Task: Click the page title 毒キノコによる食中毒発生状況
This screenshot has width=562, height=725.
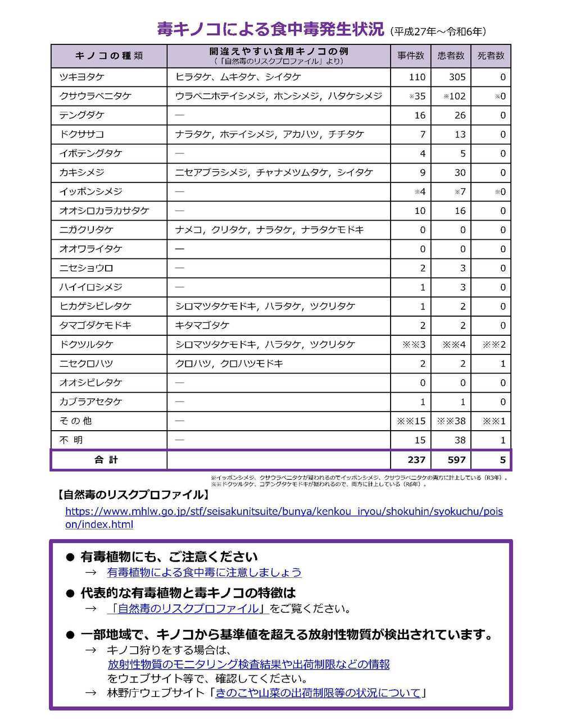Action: pyautogui.click(x=270, y=29)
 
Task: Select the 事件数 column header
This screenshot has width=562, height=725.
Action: pyautogui.click(x=410, y=56)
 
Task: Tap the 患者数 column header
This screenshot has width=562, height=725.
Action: pyautogui.click(x=451, y=56)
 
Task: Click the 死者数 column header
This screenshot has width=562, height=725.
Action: pyautogui.click(x=491, y=56)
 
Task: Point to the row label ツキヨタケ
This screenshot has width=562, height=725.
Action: pyautogui.click(x=82, y=77)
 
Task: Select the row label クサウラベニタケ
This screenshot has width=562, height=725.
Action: pyautogui.click(x=95, y=96)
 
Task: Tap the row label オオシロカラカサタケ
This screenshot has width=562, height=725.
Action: pyautogui.click(x=104, y=211)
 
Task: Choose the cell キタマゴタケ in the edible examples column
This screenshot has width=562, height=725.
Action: pyautogui.click(x=202, y=325)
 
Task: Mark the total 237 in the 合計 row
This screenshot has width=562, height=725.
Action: pyautogui.click(x=416, y=460)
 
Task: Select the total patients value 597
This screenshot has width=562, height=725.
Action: pyautogui.click(x=456, y=460)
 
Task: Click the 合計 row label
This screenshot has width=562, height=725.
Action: pyautogui.click(x=107, y=460)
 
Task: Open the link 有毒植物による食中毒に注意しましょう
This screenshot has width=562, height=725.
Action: pyautogui.click(x=204, y=572)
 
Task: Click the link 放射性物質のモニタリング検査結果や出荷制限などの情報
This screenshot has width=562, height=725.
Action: pyautogui.click(x=248, y=664)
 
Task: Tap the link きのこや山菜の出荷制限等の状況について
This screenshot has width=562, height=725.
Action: pyautogui.click(x=318, y=693)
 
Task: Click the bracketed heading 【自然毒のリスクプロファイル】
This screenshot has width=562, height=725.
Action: pyautogui.click(x=132, y=495)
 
